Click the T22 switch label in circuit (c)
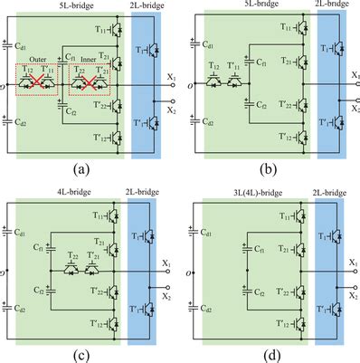click(71, 259)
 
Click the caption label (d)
click(271, 352)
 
